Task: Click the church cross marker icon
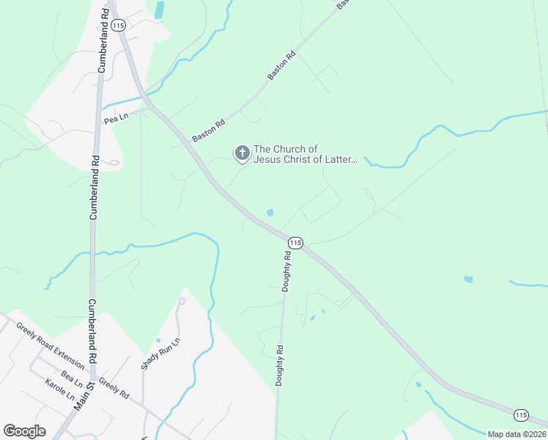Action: point(242,153)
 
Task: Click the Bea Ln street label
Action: point(72,378)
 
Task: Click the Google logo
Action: point(24,430)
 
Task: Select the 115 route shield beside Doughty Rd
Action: point(295,243)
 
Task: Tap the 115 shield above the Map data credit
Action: point(521,415)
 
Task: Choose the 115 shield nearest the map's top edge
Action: point(119,25)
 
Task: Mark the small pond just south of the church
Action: point(270,213)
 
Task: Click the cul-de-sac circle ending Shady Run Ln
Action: point(182,301)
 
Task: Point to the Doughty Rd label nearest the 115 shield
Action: point(287,271)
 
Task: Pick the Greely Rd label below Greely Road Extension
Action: point(114,388)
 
